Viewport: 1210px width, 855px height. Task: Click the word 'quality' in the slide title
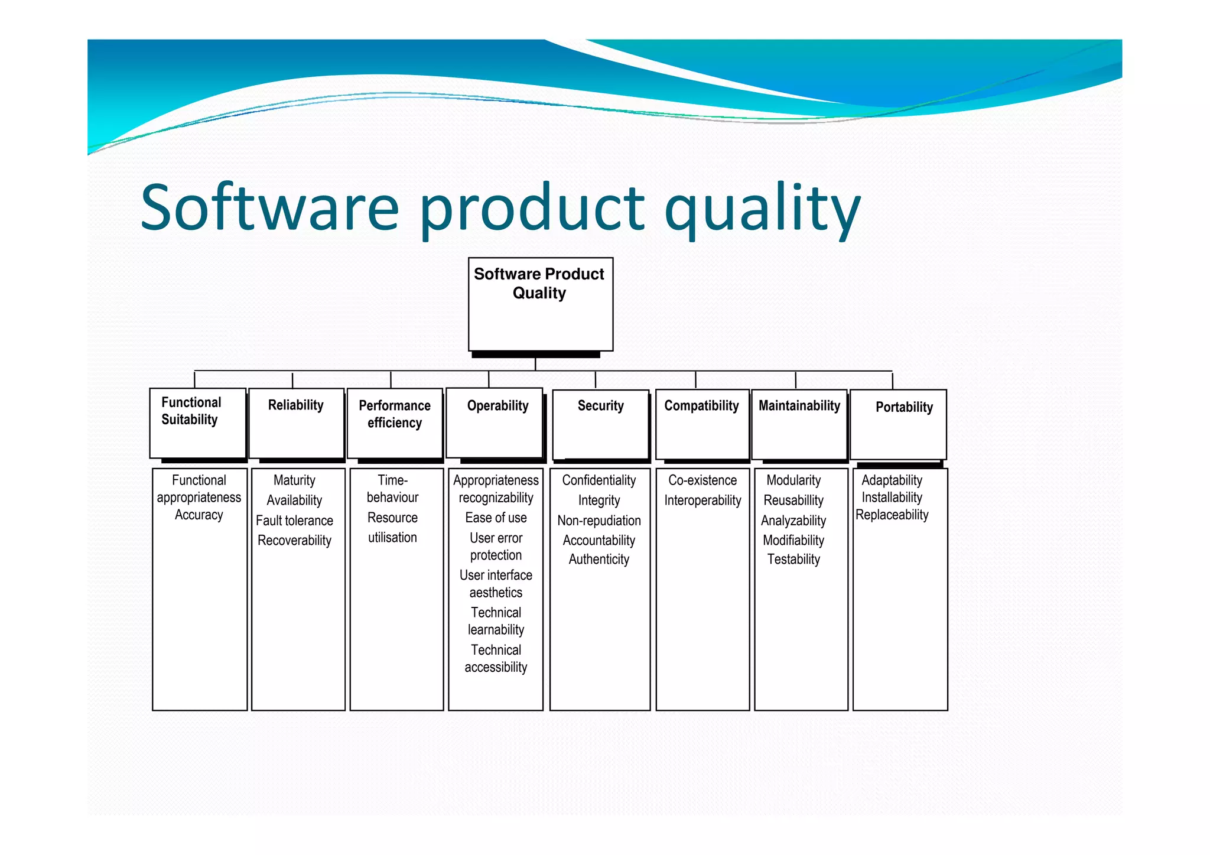(762, 210)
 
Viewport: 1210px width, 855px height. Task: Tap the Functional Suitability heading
(191, 411)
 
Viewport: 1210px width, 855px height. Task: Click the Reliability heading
(295, 405)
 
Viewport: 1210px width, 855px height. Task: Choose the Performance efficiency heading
(395, 414)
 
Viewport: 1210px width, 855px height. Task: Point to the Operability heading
(497, 406)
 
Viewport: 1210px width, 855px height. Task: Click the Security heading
(600, 406)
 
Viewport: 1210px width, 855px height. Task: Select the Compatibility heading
(701, 406)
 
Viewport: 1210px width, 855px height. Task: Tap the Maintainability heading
(799, 406)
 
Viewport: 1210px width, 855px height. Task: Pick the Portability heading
(904, 407)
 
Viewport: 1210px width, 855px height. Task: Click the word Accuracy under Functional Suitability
(199, 515)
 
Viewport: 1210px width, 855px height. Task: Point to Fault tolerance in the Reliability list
(294, 521)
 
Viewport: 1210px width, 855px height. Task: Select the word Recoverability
(294, 541)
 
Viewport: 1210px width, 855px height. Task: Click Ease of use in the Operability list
(496, 518)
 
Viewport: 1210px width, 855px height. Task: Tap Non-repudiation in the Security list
(599, 521)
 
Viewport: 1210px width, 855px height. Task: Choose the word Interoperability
(702, 500)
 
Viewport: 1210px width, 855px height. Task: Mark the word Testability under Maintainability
(793, 560)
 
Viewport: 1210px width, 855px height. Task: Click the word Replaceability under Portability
(892, 515)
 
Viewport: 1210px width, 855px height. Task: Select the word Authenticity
(599, 560)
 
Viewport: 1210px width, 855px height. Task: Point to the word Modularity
(793, 480)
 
